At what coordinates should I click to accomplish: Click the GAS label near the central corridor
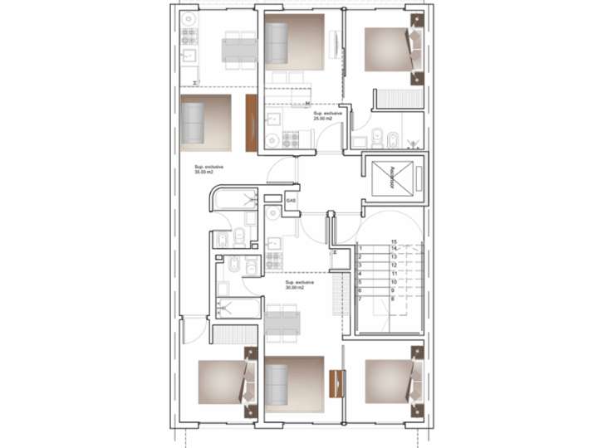(290, 201)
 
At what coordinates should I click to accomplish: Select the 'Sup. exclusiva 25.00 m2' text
(323, 117)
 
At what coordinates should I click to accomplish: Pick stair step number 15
(394, 241)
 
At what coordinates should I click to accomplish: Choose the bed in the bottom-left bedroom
(222, 381)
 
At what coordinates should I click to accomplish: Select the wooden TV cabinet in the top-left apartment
(250, 122)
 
